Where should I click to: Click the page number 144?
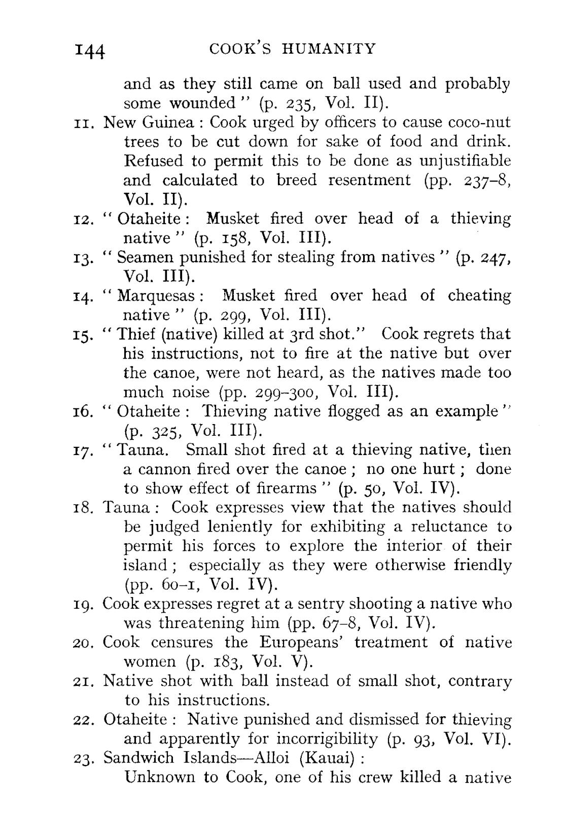(x=89, y=51)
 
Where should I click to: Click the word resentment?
(x=369, y=180)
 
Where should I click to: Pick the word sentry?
(x=366, y=604)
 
